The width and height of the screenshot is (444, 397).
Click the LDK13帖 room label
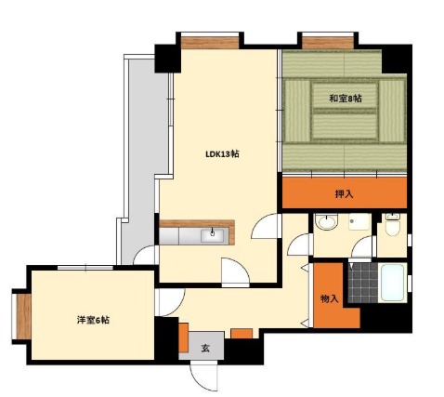pyautogui.click(x=222, y=154)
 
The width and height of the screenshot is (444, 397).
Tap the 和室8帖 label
pyautogui.click(x=345, y=99)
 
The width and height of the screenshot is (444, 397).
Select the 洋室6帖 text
pyautogui.click(x=93, y=320)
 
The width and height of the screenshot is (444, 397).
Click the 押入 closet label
pyautogui.click(x=344, y=194)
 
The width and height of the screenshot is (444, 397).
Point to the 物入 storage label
pyautogui.click(x=329, y=299)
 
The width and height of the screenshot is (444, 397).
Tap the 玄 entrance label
pyautogui.click(x=205, y=349)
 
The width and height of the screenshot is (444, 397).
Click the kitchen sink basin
pyautogui.click(x=212, y=236)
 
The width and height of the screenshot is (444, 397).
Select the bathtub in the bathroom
pyautogui.click(x=392, y=283)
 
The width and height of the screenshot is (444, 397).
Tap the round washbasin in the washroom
pyautogui.click(x=326, y=222)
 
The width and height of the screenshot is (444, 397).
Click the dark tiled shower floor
pyautogui.click(x=363, y=283)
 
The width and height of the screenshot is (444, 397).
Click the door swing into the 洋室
pyautogui.click(x=170, y=302)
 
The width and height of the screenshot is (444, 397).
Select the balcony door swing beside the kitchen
pyautogui.click(x=145, y=255)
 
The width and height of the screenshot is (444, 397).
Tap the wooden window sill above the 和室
pyautogui.click(x=328, y=43)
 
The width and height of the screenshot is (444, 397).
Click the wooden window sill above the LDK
pyautogui.click(x=210, y=43)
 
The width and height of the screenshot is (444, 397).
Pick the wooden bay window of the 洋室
pyautogui.click(x=23, y=316)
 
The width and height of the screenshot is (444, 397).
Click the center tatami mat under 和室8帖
pyautogui.click(x=345, y=96)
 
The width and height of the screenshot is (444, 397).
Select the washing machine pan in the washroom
pyautogui.click(x=359, y=222)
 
